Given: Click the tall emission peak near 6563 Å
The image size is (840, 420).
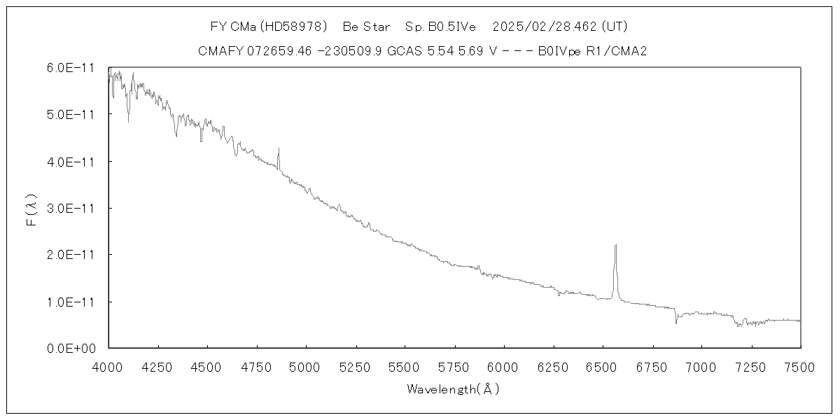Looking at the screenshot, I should pyautogui.click(x=615, y=246).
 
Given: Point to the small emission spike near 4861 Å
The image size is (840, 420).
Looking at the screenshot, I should pyautogui.click(x=279, y=149).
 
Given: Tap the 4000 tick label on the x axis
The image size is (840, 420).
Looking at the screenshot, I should pyautogui.click(x=108, y=365).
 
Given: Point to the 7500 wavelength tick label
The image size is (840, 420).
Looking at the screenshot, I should pyautogui.click(x=800, y=365).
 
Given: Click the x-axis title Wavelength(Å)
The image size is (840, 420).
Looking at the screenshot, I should pyautogui.click(x=454, y=389).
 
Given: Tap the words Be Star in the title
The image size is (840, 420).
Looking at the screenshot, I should pyautogui.click(x=367, y=27).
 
